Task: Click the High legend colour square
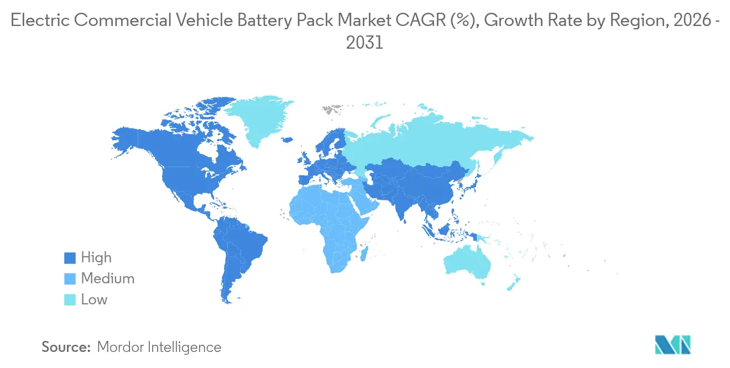point(69,258)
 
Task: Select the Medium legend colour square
point(69,279)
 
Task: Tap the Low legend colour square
point(69,300)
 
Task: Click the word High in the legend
point(96,258)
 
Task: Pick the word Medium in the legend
point(107,279)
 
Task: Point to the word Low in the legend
point(94,300)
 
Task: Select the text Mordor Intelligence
point(159,348)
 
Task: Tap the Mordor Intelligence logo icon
point(672,345)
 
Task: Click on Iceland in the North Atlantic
point(286,140)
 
